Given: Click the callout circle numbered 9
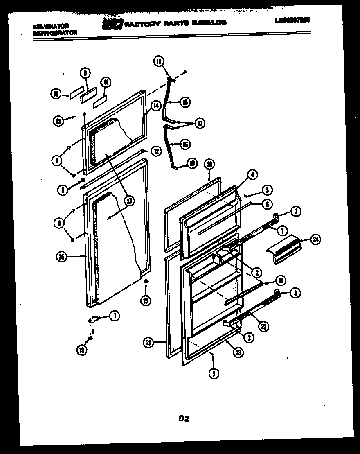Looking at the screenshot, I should click(x=85, y=74).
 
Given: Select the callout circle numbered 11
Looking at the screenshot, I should click(x=105, y=82).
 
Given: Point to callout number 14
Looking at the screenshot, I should click(x=156, y=105).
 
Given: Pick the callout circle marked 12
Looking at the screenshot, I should click(x=156, y=151).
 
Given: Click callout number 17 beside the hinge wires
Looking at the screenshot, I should click(x=200, y=123).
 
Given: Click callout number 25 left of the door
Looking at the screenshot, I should click(x=62, y=257).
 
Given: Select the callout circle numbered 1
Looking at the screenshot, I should click(x=281, y=230).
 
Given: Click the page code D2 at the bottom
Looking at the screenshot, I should click(x=183, y=418).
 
